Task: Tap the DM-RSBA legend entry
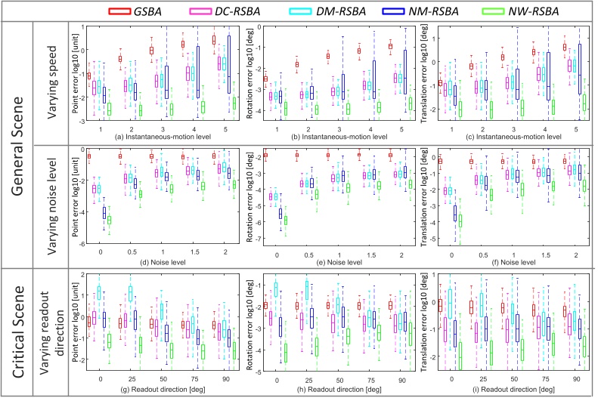[x=364, y=12]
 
